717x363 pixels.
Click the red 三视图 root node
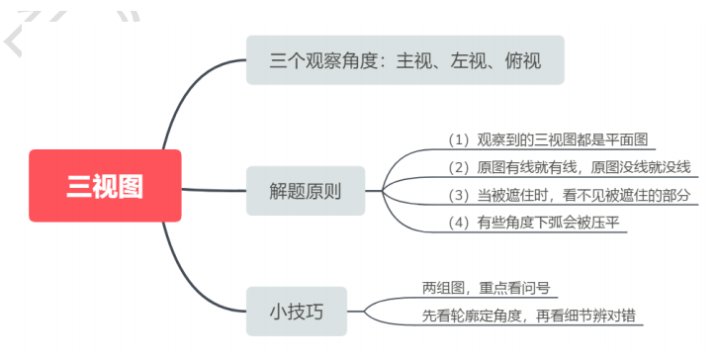point(105,186)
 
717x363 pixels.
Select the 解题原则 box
point(305,191)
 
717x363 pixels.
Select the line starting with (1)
point(551,139)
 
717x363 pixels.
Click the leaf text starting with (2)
point(569,166)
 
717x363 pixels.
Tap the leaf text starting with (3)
point(569,194)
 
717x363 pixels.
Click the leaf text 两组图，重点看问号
point(485,288)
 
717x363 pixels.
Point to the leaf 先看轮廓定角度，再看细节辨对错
point(529,316)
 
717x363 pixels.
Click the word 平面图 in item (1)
point(632,139)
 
